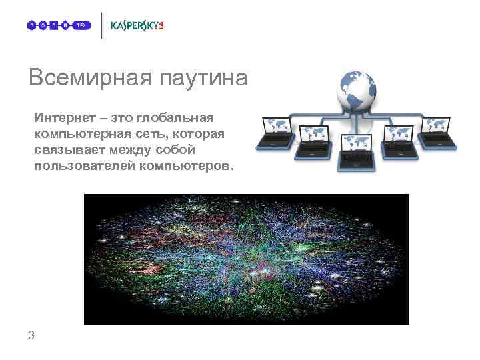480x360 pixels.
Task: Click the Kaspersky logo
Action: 137,25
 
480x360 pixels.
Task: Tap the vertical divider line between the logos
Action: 102,25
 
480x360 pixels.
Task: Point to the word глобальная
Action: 175,118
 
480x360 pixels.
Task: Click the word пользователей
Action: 85,166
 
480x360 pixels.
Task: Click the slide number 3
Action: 31,335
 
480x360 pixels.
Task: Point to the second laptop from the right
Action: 399,138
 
